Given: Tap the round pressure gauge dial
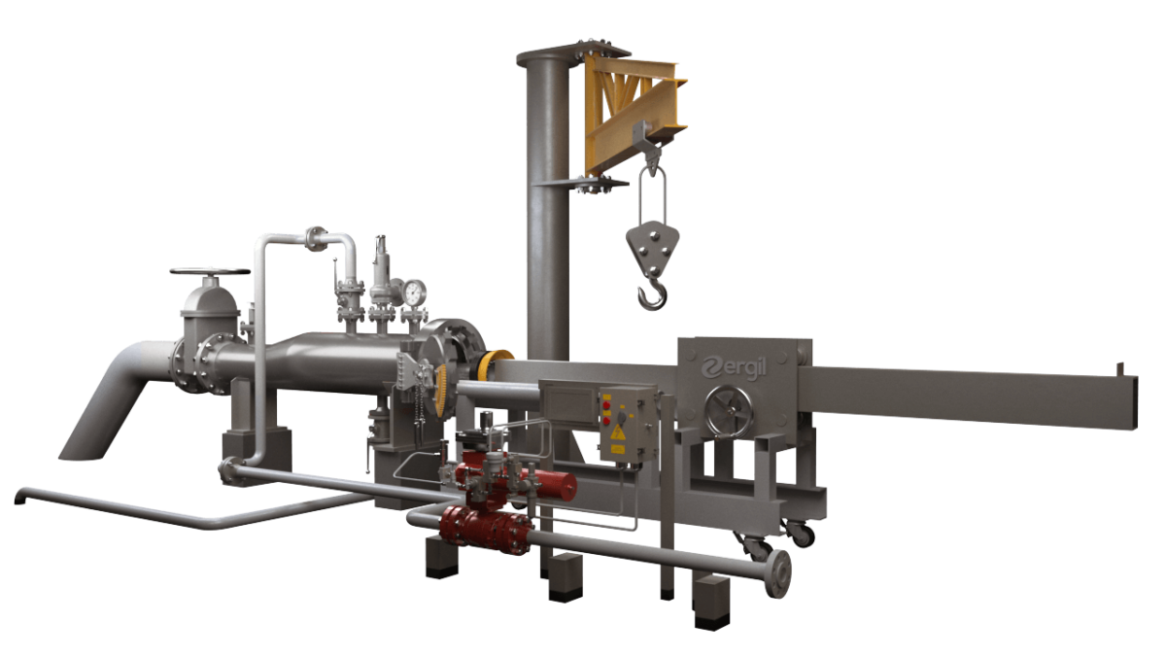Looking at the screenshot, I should tap(416, 291).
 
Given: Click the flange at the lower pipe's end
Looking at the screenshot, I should tap(777, 573).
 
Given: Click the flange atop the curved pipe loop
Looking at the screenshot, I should tap(317, 236).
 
